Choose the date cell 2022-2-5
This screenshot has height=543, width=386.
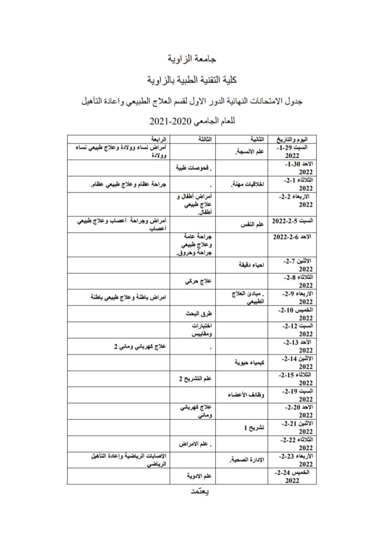click(292, 220)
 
